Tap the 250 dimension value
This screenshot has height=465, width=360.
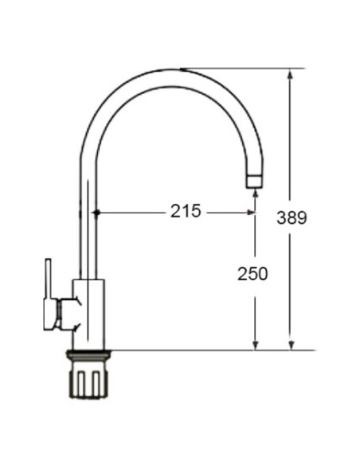tap(252, 273)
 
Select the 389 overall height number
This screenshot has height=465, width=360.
tap(292, 217)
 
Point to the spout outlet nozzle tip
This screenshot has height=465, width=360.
tap(252, 180)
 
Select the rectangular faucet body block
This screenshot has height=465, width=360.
tap(89, 314)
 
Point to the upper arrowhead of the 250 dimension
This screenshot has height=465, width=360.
tap(255, 217)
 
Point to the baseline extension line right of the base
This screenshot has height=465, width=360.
tap(199, 349)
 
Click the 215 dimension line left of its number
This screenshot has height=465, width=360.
tap(131, 213)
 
